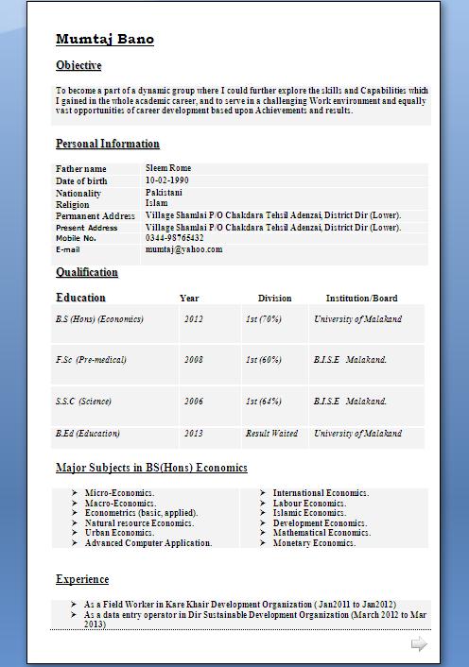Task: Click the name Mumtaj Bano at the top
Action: (104, 39)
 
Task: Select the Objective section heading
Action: (78, 65)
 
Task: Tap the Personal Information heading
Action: (107, 144)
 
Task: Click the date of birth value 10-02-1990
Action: (166, 180)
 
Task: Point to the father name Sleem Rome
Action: (168, 168)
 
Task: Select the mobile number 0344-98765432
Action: (174, 238)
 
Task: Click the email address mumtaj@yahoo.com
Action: (183, 249)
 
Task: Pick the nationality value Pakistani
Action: (164, 192)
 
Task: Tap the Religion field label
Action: (73, 204)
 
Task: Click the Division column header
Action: (274, 298)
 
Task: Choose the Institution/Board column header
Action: (361, 298)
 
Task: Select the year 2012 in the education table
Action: (193, 319)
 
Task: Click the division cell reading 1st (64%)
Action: (263, 402)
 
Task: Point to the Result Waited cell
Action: (271, 434)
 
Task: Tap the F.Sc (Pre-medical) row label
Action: (91, 360)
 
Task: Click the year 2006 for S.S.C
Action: (193, 402)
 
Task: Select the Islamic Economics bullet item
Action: (309, 513)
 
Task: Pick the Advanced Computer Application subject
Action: (148, 543)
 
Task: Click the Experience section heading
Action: (82, 579)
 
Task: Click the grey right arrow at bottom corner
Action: (418, 644)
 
